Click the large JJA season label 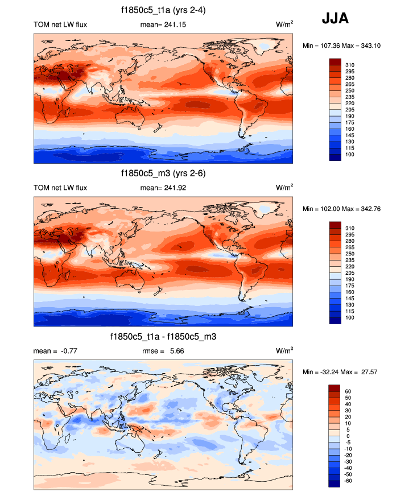(335, 18)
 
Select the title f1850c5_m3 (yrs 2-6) (163, 173)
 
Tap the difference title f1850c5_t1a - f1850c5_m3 (163, 337)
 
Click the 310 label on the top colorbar (350, 65)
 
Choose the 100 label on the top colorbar (350, 155)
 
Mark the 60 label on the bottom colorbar (348, 391)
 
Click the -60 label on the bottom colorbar (349, 481)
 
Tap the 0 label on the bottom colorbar (346, 436)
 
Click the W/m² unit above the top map (284, 24)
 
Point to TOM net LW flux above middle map (60, 187)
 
